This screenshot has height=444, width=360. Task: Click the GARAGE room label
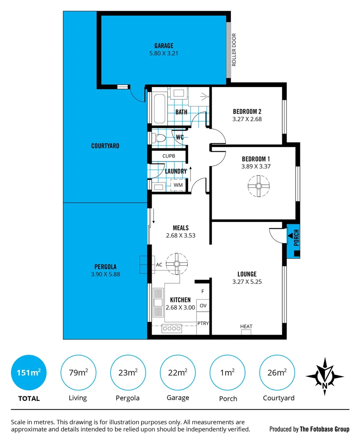tap(164, 46)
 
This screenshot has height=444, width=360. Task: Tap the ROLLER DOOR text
tap(234, 50)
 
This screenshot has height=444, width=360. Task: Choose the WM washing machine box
tap(178, 185)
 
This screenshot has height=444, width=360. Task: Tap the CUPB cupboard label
tap(168, 156)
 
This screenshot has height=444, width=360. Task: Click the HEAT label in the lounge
tap(246, 326)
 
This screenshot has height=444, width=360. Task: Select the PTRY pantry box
tap(203, 323)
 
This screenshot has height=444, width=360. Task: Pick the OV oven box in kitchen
tap(203, 306)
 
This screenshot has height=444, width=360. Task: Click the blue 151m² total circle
tap(29, 372)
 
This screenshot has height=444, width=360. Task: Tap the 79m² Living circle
tap(78, 372)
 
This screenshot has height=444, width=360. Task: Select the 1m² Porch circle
tap(227, 372)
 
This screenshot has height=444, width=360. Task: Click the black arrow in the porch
tap(291, 236)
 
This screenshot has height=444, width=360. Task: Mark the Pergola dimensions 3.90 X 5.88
tap(105, 274)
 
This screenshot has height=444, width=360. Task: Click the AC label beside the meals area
tap(159, 265)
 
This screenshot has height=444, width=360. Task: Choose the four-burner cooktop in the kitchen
tap(172, 328)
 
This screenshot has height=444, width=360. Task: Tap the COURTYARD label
tap(105, 146)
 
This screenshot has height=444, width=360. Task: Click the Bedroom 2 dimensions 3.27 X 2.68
tap(247, 119)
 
